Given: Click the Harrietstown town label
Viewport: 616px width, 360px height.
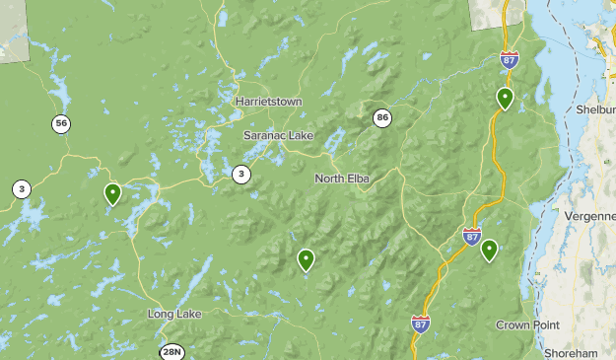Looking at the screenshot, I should click(x=268, y=102).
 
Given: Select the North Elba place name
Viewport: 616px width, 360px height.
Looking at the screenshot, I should click(x=342, y=179).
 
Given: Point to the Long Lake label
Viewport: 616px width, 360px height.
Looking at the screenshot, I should click(x=174, y=314).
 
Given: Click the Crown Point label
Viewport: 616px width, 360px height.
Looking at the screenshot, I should click(x=526, y=324).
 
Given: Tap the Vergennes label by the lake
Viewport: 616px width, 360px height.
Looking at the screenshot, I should click(x=589, y=215).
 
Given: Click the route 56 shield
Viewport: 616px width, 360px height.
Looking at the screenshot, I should click(x=62, y=123).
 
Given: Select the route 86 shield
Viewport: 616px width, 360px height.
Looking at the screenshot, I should click(x=381, y=118).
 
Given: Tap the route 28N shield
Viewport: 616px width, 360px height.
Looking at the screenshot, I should click(x=171, y=351).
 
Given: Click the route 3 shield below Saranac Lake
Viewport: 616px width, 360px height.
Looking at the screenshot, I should click(x=240, y=174).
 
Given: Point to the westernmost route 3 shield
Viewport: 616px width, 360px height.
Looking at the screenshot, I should click(x=21, y=188).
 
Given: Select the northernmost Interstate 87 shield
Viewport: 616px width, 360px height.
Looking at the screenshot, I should click(x=509, y=59).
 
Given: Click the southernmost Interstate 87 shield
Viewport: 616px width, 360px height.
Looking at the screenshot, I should click(x=420, y=323).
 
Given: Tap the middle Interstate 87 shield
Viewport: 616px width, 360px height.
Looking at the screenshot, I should click(x=472, y=237).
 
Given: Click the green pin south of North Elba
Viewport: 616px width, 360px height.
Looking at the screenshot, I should click(x=306, y=259).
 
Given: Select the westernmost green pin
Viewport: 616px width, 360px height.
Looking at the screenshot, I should click(x=113, y=193).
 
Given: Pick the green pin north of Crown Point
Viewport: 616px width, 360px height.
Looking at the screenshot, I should click(x=489, y=251).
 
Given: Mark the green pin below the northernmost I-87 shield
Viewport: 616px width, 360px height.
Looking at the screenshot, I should click(x=505, y=97).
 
